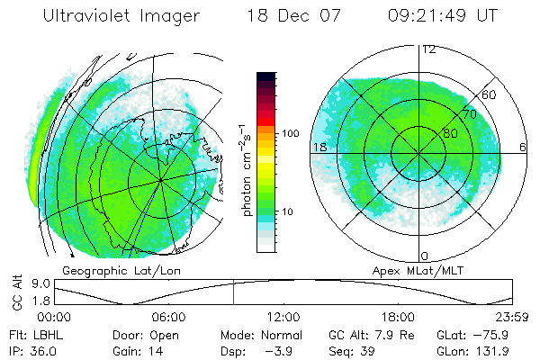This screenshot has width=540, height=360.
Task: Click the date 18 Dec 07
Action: pyautogui.click(x=288, y=16)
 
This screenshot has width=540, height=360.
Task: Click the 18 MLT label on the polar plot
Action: pyautogui.click(x=319, y=147)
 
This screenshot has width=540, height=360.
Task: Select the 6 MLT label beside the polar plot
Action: pyautogui.click(x=523, y=147)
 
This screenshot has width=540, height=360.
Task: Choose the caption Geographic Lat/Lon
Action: pyautogui.click(x=108, y=269)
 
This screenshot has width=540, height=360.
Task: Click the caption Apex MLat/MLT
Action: pyautogui.click(x=417, y=269)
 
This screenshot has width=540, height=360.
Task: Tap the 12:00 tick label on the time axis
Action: pyautogui.click(x=283, y=317)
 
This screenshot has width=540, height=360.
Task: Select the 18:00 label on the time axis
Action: pyautogui.click(x=398, y=317)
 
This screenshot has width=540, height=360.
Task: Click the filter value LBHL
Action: pyautogui.click(x=45, y=334)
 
